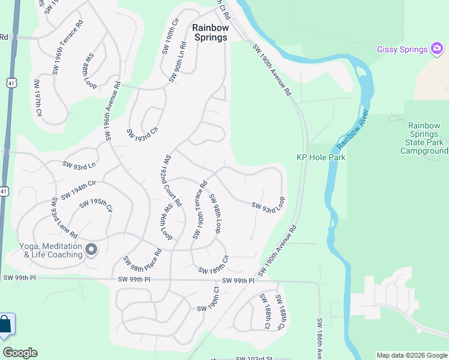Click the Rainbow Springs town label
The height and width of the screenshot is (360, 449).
pos(210,32)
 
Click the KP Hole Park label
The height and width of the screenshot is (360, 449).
pos(321,157)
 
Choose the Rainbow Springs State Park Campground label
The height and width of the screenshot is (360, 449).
pos(424,139)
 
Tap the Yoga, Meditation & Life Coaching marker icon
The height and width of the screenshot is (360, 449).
pos(91,249)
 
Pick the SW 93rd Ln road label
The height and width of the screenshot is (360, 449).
pos(79,164)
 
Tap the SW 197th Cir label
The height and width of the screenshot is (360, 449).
pos(38,97)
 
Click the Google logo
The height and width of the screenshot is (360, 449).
pos(20,353)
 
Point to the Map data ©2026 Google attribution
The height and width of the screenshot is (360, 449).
pos(411,355)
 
